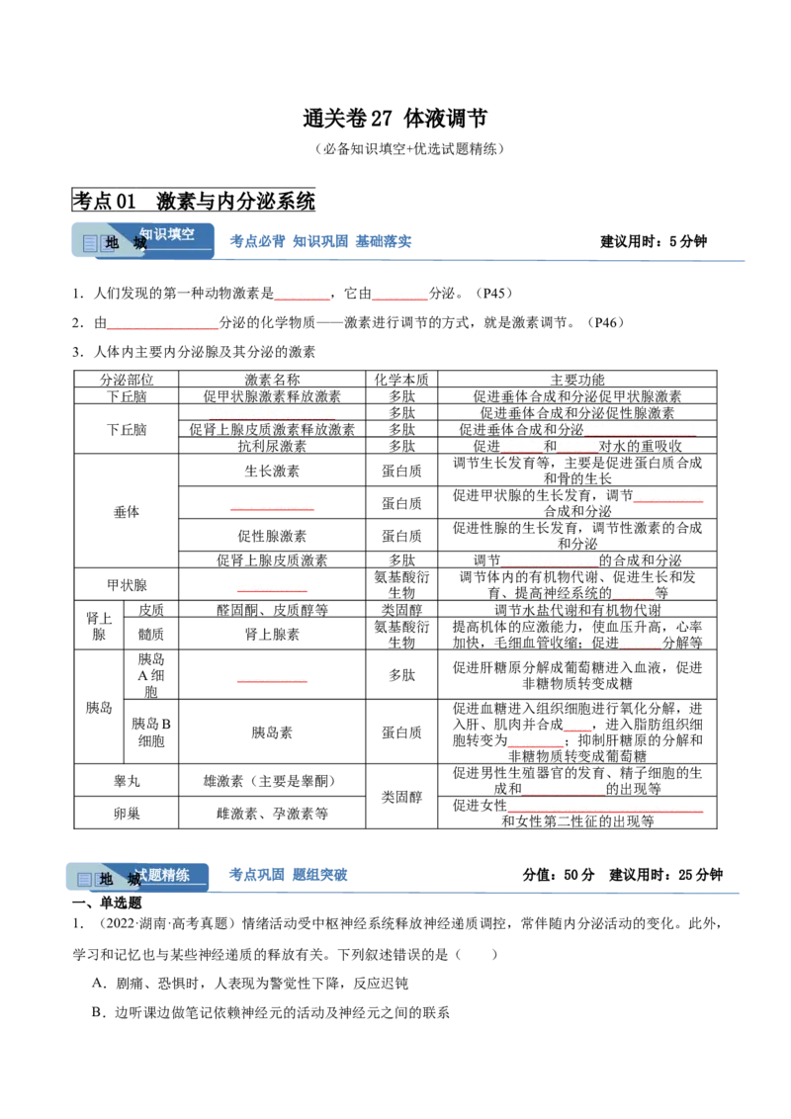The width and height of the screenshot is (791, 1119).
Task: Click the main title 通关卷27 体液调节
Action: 395,118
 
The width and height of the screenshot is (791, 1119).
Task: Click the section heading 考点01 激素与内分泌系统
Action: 194,201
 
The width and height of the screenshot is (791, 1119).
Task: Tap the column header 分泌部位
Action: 127,379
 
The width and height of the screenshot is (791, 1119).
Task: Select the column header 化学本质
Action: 401,379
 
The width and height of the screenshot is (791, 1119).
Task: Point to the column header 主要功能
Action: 576,379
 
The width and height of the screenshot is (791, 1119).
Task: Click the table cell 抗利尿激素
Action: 272,445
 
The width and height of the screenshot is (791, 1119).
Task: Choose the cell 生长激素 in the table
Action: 272,471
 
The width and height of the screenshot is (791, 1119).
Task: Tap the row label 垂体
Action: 127,511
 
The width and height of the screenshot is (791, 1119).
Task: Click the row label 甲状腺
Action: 127,584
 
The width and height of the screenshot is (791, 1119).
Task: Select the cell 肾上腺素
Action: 272,634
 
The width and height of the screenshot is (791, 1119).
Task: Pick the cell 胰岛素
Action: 272,732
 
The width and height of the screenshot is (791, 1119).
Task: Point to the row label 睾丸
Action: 127,781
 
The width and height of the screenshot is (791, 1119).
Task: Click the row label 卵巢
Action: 127,813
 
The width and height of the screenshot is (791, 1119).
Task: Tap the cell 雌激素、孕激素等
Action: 272,813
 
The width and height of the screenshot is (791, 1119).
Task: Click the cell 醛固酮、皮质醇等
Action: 272,610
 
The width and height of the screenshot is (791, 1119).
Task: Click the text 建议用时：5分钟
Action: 654,241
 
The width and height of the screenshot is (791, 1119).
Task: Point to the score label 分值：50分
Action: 559,874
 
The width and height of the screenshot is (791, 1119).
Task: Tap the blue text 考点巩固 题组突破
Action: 288,874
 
